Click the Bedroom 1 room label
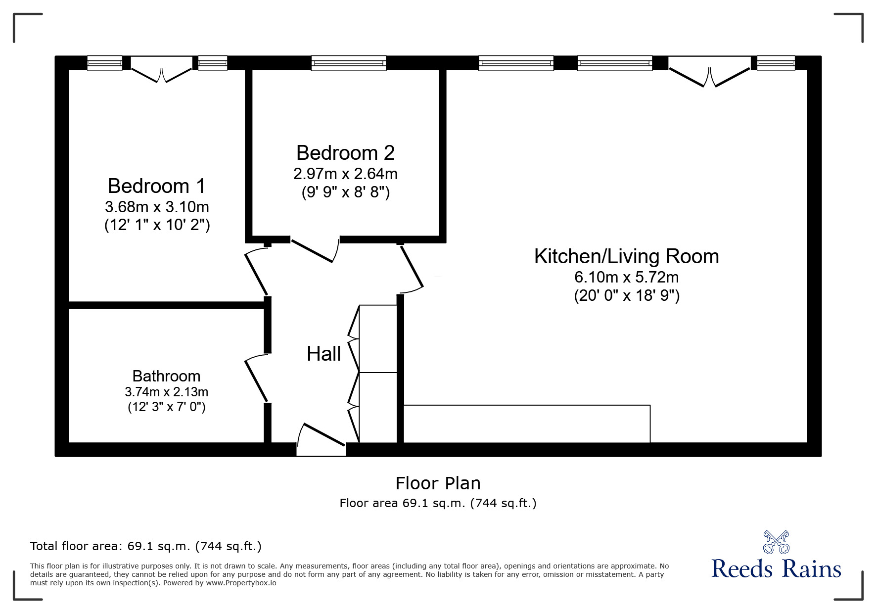click(156, 186)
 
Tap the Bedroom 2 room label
click(345, 153)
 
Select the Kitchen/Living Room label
click(627, 256)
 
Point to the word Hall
click(323, 354)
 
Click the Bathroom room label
click(166, 376)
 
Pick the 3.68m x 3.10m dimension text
click(157, 206)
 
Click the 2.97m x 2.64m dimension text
click(345, 174)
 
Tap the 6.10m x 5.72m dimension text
click(627, 277)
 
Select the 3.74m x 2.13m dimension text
click(166, 392)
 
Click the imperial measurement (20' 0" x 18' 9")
click(627, 295)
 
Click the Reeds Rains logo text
click(776, 569)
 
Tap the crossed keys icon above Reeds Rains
click(776, 542)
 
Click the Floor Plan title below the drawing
click(438, 483)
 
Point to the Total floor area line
click(146, 546)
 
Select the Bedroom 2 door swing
click(315, 250)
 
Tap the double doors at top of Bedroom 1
click(161, 69)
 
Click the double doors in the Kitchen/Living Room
click(709, 71)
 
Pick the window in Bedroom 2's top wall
click(349, 63)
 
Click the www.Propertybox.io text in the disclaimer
click(241, 583)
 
